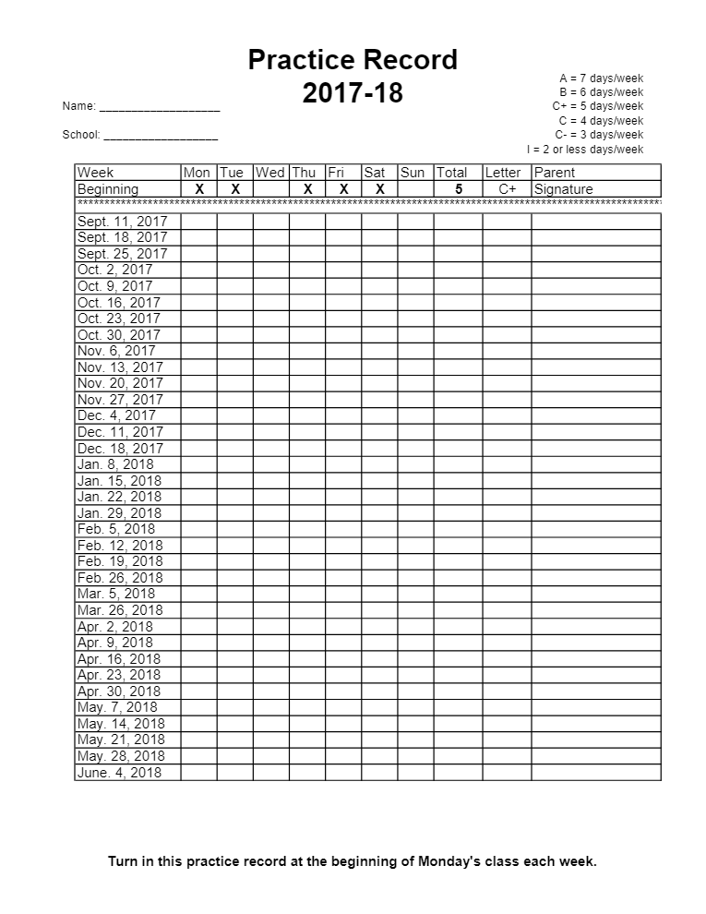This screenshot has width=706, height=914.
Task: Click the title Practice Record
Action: click(353, 60)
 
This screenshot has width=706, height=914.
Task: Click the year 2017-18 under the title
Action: click(353, 93)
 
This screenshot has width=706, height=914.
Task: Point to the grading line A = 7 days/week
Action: click(601, 78)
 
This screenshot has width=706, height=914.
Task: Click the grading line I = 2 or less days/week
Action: click(585, 150)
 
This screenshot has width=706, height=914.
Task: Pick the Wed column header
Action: click(270, 173)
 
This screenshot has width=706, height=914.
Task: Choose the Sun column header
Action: click(413, 173)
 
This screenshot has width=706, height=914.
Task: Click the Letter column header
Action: click(503, 173)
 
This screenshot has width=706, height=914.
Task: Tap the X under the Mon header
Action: click(199, 189)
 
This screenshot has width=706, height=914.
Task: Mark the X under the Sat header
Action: click(379, 189)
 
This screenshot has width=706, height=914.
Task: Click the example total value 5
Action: click(459, 189)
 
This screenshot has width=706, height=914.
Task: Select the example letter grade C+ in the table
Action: click(508, 189)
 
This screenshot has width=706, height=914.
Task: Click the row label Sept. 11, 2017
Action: click(123, 222)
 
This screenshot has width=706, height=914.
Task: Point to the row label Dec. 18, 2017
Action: click(120, 448)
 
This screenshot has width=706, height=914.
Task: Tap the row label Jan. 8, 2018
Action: click(115, 464)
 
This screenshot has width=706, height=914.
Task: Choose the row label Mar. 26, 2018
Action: click(120, 610)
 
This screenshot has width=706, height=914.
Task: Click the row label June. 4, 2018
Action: click(120, 773)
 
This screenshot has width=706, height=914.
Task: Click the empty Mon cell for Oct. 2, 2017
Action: click(199, 271)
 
